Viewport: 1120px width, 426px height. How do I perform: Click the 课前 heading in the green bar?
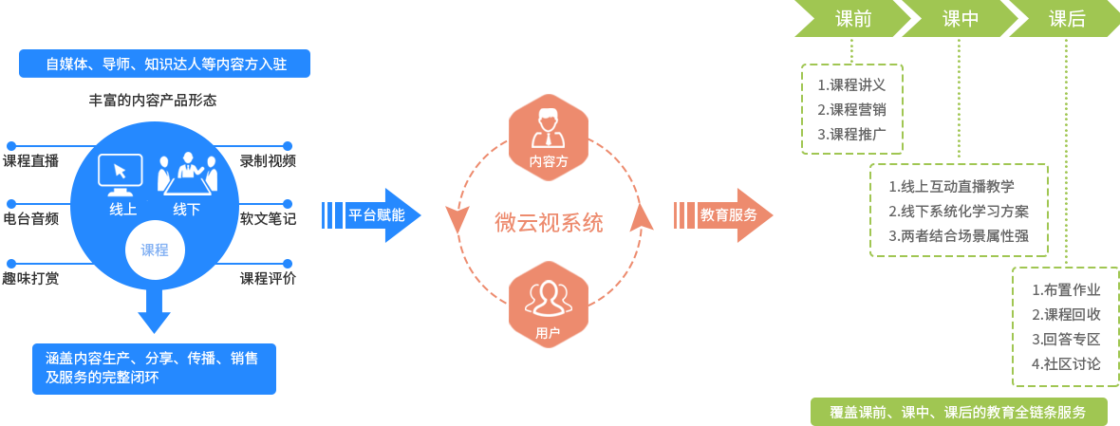tap(852, 19)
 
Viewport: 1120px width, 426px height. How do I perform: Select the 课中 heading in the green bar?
tap(960, 19)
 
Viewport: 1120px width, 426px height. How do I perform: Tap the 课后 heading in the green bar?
tap(1067, 19)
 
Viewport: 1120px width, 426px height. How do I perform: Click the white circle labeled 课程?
tap(155, 250)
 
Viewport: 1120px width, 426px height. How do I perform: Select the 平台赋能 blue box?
tap(377, 215)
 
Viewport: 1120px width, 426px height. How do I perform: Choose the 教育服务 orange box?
tap(729, 215)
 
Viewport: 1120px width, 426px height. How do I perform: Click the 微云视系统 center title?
tap(549, 223)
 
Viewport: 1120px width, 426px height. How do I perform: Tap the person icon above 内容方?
tap(549, 128)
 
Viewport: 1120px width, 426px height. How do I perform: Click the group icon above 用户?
tap(549, 299)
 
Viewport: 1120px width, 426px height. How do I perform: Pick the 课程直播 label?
tap(30, 161)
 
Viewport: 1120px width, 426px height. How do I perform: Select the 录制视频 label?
tap(268, 161)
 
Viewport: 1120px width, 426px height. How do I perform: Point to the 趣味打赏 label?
tap(30, 279)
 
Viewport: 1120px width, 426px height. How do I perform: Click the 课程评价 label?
tap(268, 279)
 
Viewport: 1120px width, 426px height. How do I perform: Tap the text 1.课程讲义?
tap(851, 85)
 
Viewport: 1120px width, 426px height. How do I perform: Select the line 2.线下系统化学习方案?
tap(959, 211)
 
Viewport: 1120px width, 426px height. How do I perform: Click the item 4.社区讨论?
tap(1066, 363)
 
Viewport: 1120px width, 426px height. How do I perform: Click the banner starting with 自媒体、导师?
tap(164, 64)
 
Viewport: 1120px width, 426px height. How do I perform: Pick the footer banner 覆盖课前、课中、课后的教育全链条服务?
tap(958, 412)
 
